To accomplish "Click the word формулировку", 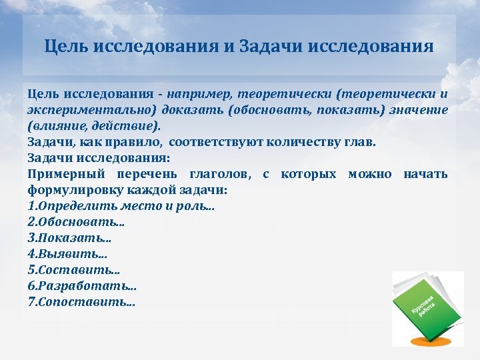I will tap(74, 190).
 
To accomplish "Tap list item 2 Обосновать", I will tap(76, 222).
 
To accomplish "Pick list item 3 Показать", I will tap(69, 238).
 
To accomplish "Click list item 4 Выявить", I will tap(67, 254).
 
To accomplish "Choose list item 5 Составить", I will tap(73, 270).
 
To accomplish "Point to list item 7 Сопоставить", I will tap(81, 302).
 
